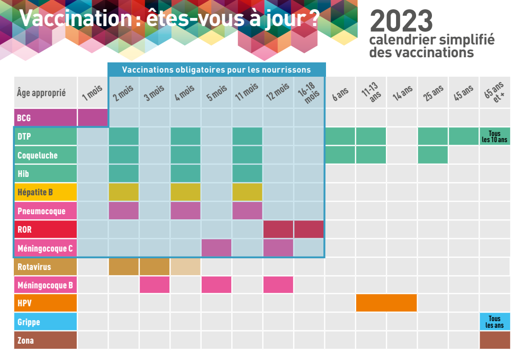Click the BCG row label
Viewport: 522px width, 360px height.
click(46, 118)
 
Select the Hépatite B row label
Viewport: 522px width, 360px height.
click(46, 192)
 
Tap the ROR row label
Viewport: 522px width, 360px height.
click(46, 230)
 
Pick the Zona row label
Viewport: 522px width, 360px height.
click(46, 340)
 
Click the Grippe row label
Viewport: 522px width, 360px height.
click(46, 322)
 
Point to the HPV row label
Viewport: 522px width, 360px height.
click(46, 303)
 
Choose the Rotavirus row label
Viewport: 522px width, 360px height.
click(46, 266)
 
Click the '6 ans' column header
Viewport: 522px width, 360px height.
click(340, 93)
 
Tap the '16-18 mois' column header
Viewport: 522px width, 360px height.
click(309, 93)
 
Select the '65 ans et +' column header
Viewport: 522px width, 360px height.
click(495, 93)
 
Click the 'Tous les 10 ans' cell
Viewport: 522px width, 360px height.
click(495, 137)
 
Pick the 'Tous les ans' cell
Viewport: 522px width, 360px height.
click(495, 322)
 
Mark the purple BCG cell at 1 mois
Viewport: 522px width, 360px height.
click(93, 118)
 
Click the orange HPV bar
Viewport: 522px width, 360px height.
click(386, 303)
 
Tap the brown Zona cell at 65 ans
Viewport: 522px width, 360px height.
click(495, 340)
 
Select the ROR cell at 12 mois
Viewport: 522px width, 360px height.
click(278, 230)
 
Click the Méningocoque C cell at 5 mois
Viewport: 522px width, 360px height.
click(216, 248)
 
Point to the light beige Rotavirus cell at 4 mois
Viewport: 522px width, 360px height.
click(185, 266)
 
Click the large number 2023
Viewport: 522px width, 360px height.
click(401, 21)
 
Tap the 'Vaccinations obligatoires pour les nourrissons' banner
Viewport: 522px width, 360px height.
click(216, 70)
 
